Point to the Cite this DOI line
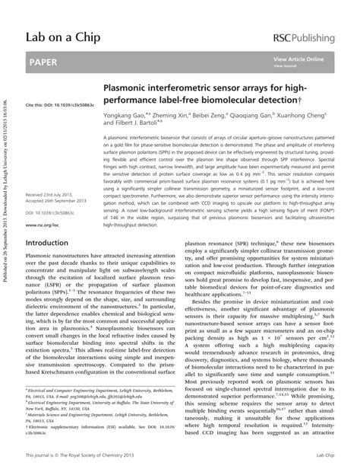(71, 104)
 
